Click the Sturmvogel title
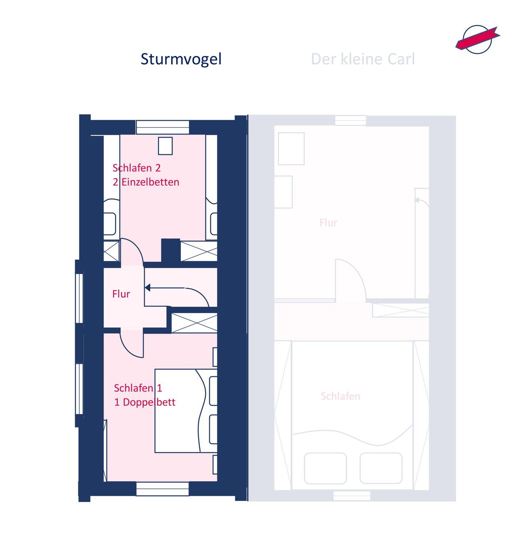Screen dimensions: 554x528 (181, 59)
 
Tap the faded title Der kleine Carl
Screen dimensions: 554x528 (363, 59)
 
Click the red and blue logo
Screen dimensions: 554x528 (477, 38)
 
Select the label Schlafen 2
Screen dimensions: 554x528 (137, 168)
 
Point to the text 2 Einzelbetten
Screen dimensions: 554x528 (146, 182)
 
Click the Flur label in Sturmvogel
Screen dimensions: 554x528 (121, 294)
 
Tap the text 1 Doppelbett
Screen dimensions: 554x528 (145, 402)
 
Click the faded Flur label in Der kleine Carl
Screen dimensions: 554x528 (328, 223)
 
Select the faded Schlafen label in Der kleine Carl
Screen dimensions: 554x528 (340, 396)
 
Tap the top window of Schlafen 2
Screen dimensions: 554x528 (162, 127)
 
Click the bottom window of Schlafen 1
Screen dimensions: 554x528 (162, 489)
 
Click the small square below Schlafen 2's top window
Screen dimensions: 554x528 (165, 146)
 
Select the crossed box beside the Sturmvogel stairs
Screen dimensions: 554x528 (194, 322)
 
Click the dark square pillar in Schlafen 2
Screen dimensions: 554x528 (170, 250)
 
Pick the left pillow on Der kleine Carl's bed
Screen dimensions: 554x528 (325, 468)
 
